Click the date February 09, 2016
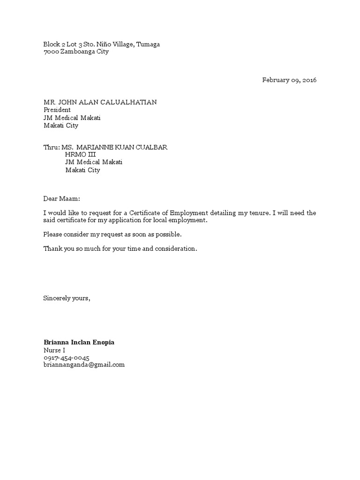click(289, 80)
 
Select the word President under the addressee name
click(57, 110)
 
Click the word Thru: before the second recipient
click(52, 147)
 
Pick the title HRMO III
click(80, 155)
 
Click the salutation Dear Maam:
click(62, 199)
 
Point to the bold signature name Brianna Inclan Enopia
click(79, 343)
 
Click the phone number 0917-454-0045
click(67, 358)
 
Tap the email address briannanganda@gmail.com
click(84, 365)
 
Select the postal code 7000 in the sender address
click(51, 52)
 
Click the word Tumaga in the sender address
click(148, 45)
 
